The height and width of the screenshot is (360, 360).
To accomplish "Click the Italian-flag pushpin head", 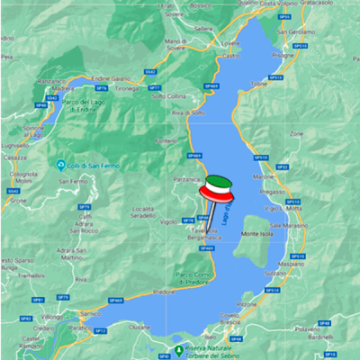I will (215, 189).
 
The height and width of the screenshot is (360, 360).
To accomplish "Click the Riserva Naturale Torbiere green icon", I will (178, 349).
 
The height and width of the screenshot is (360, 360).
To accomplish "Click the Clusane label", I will (139, 328).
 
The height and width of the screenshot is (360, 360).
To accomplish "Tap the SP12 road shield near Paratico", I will (101, 330).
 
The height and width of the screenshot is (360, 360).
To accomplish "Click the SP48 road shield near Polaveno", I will (324, 321).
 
